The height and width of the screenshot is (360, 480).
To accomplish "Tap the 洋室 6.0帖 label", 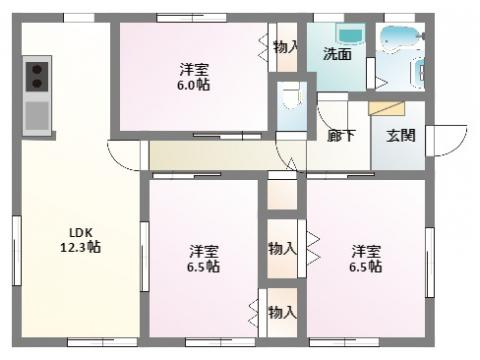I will click(195, 77).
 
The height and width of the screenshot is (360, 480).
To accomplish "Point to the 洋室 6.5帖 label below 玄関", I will click(365, 258).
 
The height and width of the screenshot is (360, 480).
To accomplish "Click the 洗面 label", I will click(336, 55).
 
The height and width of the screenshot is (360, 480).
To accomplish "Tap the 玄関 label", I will click(400, 134).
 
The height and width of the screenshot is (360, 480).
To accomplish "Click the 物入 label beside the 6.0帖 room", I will click(285, 47).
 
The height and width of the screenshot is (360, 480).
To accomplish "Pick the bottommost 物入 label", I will click(283, 312).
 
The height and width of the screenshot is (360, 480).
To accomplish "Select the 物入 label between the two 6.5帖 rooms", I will click(282, 247).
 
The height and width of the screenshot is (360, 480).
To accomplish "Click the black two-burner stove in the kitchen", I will click(38, 76).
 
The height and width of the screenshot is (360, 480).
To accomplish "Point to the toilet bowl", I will click(292, 101).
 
